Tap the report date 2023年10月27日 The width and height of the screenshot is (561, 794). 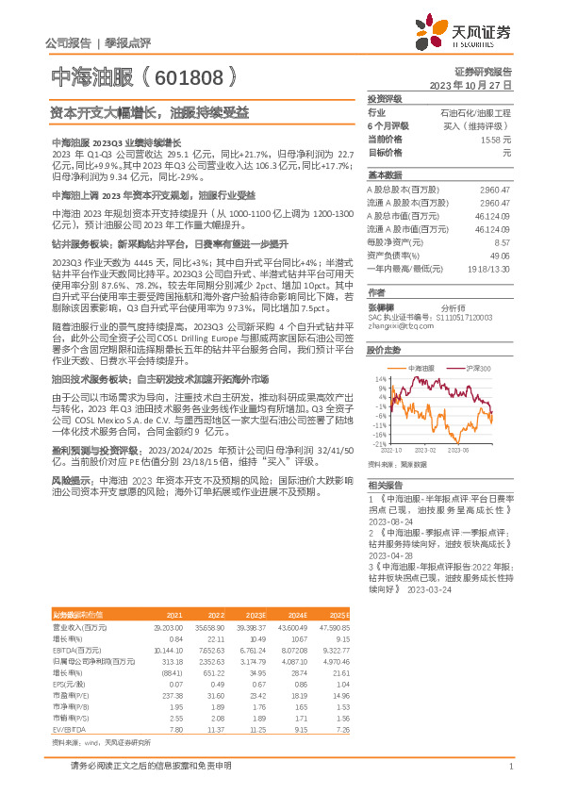pyautogui.click(x=470, y=83)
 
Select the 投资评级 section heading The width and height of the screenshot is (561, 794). pyautogui.click(x=386, y=98)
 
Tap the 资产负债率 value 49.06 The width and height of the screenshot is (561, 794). pyautogui.click(x=501, y=255)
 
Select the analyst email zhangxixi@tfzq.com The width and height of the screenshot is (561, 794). pyautogui.click(x=395, y=325)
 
